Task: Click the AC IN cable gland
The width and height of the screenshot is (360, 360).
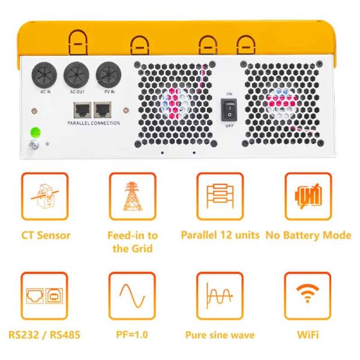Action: click(x=45, y=76)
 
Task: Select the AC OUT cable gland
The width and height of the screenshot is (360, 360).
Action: click(x=77, y=76)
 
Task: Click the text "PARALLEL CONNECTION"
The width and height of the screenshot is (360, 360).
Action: click(x=94, y=123)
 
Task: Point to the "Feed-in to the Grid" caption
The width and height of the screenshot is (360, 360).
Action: click(x=132, y=241)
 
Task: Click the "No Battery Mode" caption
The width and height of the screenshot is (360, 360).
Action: click(x=308, y=235)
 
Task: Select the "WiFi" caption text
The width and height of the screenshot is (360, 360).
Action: click(x=308, y=334)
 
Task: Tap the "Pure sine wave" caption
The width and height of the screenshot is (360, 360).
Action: click(x=220, y=335)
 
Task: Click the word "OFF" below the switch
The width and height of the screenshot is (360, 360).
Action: click(x=229, y=126)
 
